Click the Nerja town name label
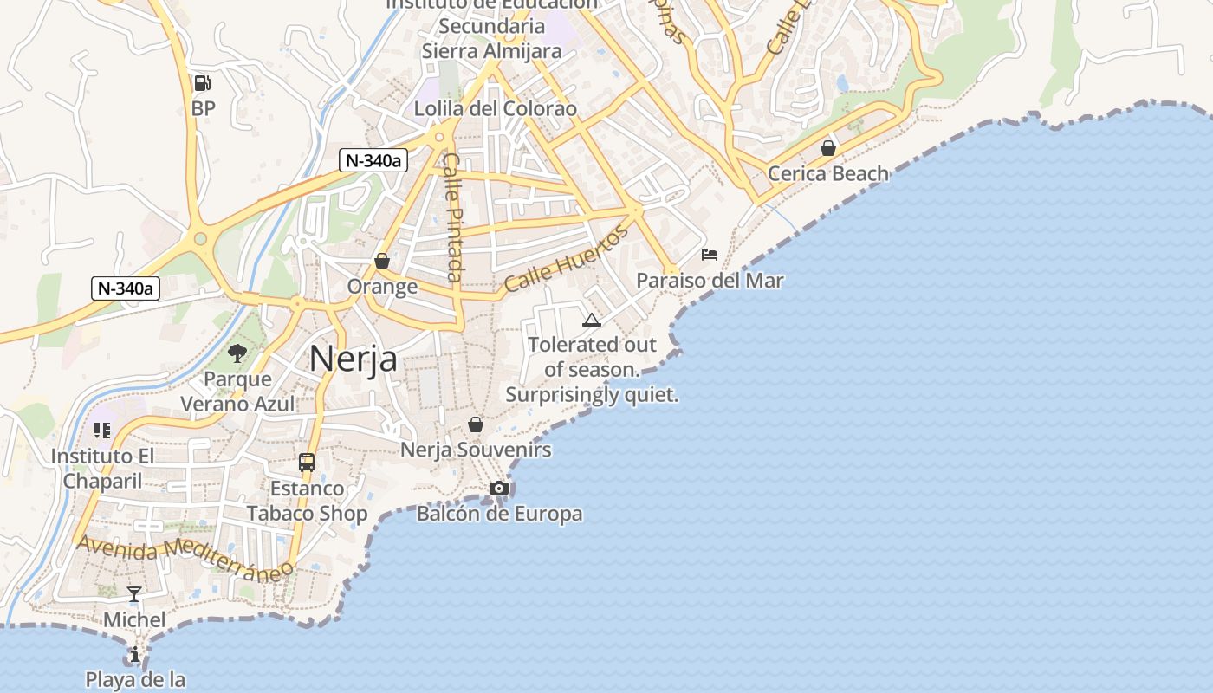[x=353, y=359]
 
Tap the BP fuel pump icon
[x=203, y=83]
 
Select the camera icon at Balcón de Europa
[x=498, y=489]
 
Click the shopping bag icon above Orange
[x=382, y=261]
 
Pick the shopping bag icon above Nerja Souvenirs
[x=475, y=424]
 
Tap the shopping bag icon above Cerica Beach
[x=828, y=148]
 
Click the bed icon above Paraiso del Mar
[x=710, y=255]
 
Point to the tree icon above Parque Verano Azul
[x=237, y=353]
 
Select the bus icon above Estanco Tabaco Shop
[x=307, y=463]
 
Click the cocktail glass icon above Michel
[x=134, y=594]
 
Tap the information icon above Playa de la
[x=135, y=654]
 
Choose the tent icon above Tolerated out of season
[x=592, y=320]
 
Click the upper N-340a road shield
[x=373, y=160]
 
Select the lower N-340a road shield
[x=126, y=288]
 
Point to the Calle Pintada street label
[x=451, y=217]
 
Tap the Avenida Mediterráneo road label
[x=185, y=557]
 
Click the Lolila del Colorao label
[x=495, y=109]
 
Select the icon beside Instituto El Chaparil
[x=102, y=431]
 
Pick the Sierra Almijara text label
[x=491, y=51]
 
